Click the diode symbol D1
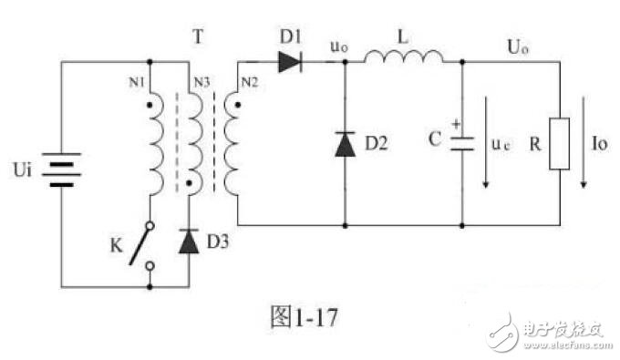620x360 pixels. (289, 62)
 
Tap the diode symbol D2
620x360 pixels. (345, 144)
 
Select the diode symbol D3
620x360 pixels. (190, 242)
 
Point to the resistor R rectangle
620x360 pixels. (559, 145)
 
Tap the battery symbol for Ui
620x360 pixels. (61, 170)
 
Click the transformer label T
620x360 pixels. (198, 36)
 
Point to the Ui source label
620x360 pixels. (25, 170)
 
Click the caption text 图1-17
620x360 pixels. (306, 318)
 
